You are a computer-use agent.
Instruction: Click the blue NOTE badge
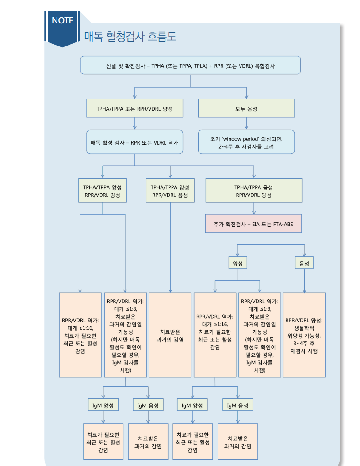[x=62, y=21]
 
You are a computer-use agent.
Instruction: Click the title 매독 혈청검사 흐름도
[x=130, y=36]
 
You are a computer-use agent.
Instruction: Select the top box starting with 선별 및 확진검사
[x=190, y=65]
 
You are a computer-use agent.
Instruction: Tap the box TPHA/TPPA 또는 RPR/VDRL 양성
[x=134, y=108]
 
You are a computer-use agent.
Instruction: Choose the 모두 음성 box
[x=246, y=108]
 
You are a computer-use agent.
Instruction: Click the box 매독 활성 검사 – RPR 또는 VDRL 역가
[x=134, y=142]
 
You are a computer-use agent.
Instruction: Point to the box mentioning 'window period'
[x=246, y=142]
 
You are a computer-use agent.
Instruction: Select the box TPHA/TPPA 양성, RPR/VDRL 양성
[x=103, y=191]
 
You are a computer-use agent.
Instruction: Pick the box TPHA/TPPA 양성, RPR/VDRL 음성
[x=170, y=191]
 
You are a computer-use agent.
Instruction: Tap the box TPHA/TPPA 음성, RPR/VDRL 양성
[x=253, y=191]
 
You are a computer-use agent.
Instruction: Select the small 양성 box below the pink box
[x=237, y=263]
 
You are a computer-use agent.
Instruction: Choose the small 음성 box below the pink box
[x=304, y=263]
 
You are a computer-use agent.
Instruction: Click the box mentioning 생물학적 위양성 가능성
[x=304, y=335]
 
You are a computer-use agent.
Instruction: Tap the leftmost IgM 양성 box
[x=103, y=405]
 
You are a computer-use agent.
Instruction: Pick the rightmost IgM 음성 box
[x=237, y=405]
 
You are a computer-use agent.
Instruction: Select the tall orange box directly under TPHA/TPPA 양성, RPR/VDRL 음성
[x=170, y=335]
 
